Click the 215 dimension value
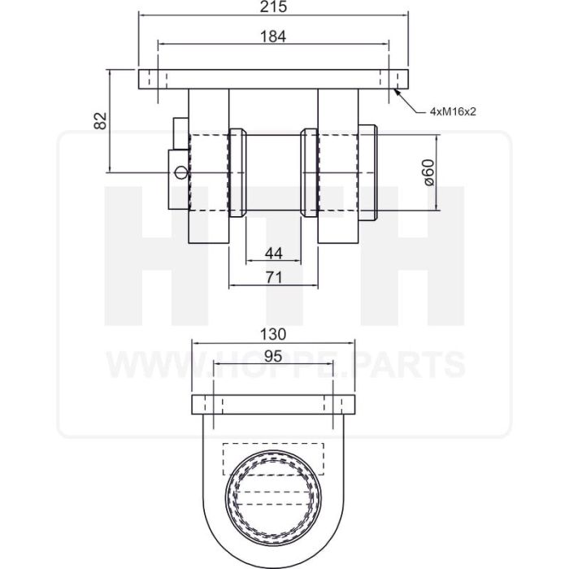click(273, 7)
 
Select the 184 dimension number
click(273, 37)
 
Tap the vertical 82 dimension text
click(100, 121)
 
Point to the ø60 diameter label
click(428, 172)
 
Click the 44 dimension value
click(274, 254)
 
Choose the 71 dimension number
click(274, 278)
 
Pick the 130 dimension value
click(273, 334)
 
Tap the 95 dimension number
click(273, 356)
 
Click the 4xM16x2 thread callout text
click(453, 112)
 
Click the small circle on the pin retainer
click(180, 172)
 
